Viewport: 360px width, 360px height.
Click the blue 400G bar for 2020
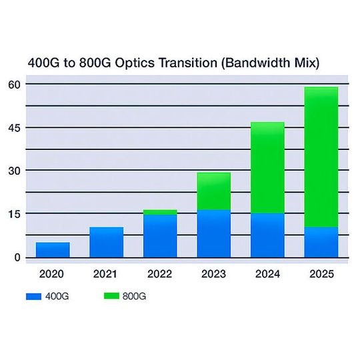coord(53,250)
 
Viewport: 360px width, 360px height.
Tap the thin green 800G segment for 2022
coord(160,212)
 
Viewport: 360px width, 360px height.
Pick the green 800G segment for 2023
coord(214,191)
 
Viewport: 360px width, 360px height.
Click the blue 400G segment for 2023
coord(214,234)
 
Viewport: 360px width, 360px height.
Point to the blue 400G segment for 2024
coord(267,235)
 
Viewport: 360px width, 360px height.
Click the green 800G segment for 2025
coord(321,157)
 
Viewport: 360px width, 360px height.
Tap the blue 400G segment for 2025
coord(321,243)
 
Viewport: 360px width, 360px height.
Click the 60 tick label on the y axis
coord(15,84)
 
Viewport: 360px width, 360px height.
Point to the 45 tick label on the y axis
coord(15,127)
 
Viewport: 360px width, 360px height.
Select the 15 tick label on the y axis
coord(15,214)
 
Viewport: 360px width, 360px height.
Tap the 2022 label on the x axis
coord(160,274)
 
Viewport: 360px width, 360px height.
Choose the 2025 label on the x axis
coord(321,274)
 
